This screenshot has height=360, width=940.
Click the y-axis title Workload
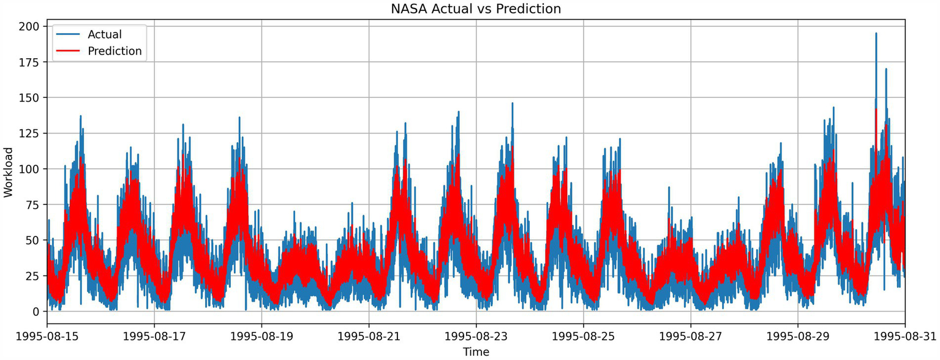pyautogui.click(x=8, y=172)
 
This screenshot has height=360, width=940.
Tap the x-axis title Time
pyautogui.click(x=476, y=351)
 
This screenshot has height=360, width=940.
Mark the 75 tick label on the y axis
pyautogui.click(x=32, y=204)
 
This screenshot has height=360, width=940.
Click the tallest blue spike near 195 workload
pyautogui.click(x=876, y=35)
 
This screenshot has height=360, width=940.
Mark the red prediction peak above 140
pyautogui.click(x=876, y=110)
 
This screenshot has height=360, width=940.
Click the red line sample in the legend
pyautogui.click(x=69, y=51)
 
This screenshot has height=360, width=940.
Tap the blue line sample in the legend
pyautogui.click(x=69, y=34)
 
